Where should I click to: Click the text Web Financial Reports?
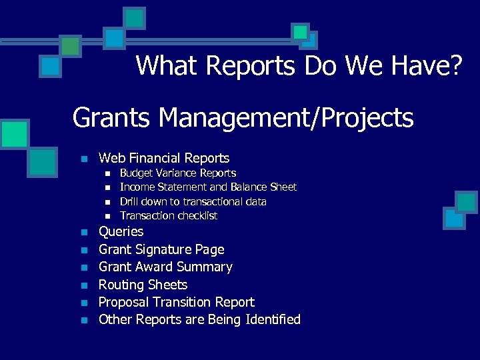click(x=164, y=158)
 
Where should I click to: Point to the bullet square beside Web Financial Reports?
click(x=83, y=159)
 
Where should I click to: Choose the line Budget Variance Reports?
click(x=177, y=173)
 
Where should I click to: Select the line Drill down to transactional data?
click(x=193, y=201)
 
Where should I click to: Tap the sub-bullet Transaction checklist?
click(x=168, y=215)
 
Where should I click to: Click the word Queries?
click(x=121, y=231)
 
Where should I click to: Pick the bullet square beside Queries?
click(x=83, y=233)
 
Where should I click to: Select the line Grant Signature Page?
click(x=161, y=249)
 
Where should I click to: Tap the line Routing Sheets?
click(x=143, y=285)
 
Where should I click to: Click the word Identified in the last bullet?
click(x=273, y=319)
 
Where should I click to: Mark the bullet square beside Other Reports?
click(x=83, y=321)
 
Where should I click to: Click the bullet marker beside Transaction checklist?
click(x=107, y=216)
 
